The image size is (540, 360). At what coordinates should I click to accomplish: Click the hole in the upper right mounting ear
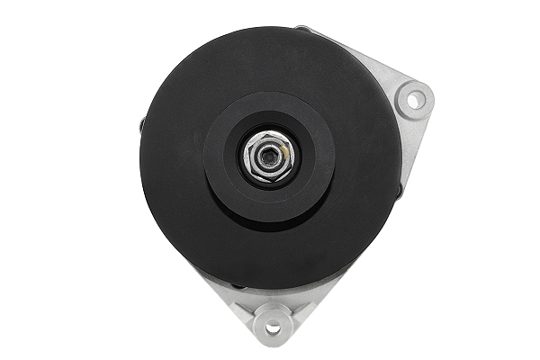click(x=415, y=99)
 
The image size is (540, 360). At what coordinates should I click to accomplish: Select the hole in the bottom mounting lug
click(x=272, y=319)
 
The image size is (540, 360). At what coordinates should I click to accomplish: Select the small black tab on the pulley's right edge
click(x=400, y=190)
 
